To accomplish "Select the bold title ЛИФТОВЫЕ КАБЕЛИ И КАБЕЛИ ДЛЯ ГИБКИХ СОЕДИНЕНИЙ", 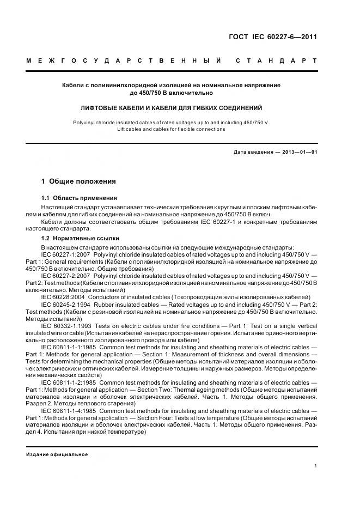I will pos(172,108).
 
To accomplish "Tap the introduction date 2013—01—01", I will pos(299,152).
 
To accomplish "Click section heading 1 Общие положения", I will pos(78,180).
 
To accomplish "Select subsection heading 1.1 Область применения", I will pos(79,198).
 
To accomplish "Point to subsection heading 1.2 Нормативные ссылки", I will pos(81,238).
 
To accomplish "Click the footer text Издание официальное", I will pos(57,454).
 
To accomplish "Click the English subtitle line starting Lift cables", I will pos(172,129).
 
